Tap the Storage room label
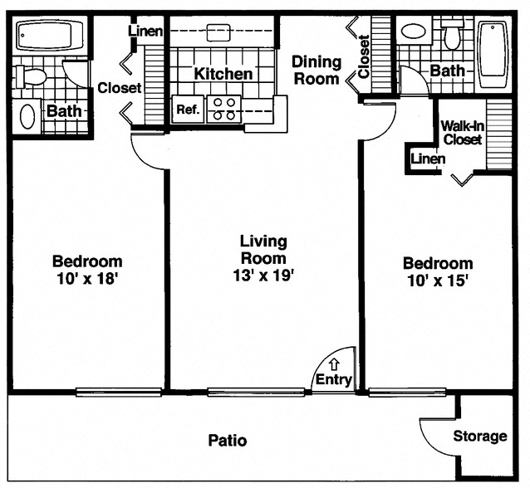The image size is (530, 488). click(x=479, y=437)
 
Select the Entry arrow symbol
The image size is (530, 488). click(x=334, y=364)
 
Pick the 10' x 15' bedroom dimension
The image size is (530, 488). click(x=438, y=281)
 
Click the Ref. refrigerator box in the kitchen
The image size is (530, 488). click(x=184, y=109)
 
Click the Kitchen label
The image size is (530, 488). click(x=223, y=74)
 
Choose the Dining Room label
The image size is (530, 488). click(x=316, y=71)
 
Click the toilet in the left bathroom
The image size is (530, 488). click(x=33, y=78)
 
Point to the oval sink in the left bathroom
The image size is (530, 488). click(x=27, y=115)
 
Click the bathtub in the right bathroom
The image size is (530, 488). click(x=493, y=56)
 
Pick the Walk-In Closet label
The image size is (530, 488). click(x=461, y=133)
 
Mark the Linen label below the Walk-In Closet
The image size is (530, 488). click(x=428, y=159)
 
